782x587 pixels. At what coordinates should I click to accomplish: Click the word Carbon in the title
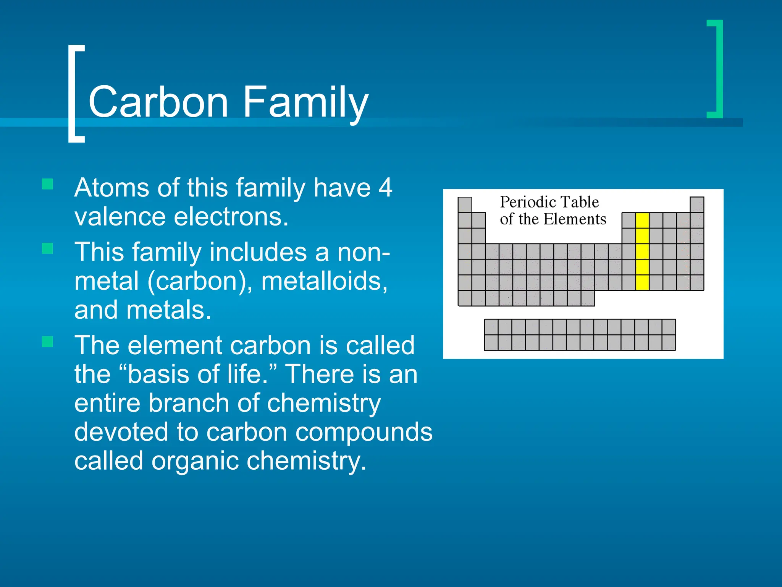point(158,102)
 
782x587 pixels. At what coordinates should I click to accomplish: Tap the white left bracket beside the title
point(73,94)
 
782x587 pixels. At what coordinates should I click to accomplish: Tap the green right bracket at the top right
point(718,69)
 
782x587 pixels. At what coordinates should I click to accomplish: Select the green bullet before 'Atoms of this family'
point(47,185)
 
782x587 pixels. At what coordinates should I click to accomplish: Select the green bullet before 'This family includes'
point(47,249)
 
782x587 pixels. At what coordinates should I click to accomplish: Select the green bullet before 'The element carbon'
point(47,342)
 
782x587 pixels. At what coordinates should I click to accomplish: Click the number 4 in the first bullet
point(385,188)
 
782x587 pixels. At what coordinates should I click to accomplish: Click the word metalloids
point(324,281)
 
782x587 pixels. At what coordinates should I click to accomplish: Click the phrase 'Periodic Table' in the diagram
point(549,202)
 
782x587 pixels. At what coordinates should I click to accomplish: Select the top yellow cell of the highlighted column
point(642,221)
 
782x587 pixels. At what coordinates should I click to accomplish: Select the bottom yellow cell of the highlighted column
point(642,282)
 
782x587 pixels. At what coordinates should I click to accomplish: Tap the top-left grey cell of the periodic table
point(465,204)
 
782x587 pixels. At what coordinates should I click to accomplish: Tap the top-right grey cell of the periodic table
point(697,204)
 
